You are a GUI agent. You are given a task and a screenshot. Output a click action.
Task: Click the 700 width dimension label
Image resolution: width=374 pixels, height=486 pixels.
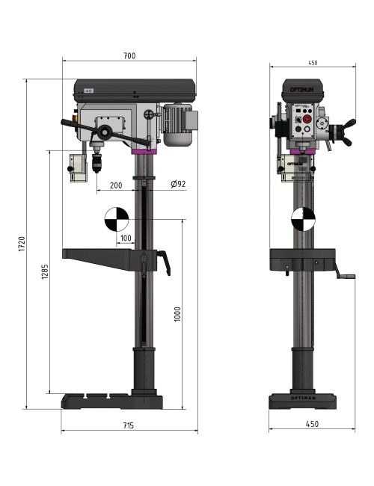coord(129,56)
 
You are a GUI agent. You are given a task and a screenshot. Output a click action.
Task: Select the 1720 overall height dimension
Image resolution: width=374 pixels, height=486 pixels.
coord(22,244)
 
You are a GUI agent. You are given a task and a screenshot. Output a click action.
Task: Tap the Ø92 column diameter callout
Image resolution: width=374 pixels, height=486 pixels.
coord(178,185)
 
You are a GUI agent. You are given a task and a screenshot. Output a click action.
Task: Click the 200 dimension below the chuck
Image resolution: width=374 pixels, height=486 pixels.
coord(116,185)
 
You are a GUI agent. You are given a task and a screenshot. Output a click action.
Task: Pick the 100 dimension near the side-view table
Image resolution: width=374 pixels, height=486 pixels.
coord(125,239)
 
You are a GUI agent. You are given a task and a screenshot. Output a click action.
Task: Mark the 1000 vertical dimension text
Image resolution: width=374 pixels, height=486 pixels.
coord(177,315)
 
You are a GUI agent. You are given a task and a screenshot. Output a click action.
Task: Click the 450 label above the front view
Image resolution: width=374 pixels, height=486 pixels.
coord(312,63)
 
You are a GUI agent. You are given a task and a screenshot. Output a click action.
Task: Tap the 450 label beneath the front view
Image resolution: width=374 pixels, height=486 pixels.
coord(313,424)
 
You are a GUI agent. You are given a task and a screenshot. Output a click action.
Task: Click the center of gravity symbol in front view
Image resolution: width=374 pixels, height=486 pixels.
coord(303,218)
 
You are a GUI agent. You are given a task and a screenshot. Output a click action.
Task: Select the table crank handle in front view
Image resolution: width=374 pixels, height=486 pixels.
coord(346,277)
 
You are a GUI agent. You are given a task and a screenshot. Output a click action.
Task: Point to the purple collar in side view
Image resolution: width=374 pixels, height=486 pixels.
coord(144,152)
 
